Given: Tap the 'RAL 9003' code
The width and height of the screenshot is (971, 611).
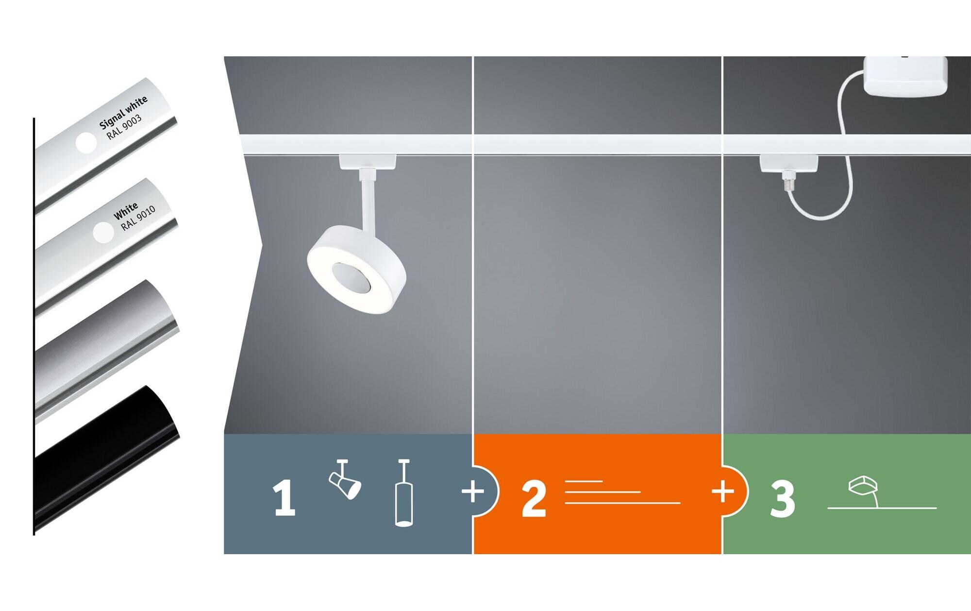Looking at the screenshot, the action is tap(124, 127).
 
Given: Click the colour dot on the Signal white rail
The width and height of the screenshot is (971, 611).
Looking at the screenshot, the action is tap(86, 142).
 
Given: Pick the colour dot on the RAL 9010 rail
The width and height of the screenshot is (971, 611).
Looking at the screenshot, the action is tap(103, 233).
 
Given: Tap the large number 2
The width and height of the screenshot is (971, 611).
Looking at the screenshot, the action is tap(534, 499).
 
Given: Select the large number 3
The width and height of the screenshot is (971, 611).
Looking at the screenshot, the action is tap(783, 499).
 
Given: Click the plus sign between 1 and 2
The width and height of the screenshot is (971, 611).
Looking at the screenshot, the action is tap(473, 492).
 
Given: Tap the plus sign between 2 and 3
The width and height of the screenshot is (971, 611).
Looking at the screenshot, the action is tap(723, 492).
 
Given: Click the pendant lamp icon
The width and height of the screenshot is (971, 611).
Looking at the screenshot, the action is tap(403, 492).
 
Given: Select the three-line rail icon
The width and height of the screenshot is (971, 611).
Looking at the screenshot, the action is tap(622, 492).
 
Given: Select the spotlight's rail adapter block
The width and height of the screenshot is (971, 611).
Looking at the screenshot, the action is tap(368, 162).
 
